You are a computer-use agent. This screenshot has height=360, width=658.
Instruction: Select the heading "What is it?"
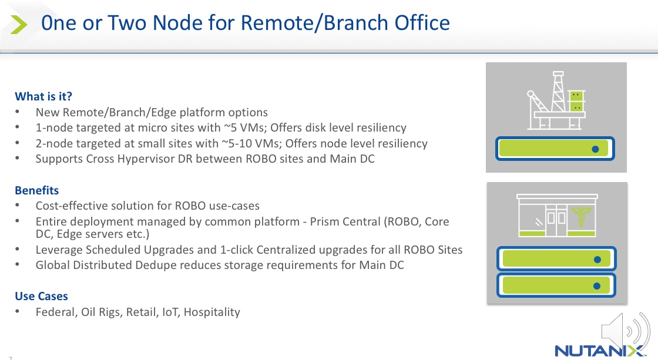click(43, 96)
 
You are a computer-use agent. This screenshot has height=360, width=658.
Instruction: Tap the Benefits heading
click(37, 190)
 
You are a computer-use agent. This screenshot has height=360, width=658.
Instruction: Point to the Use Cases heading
click(41, 296)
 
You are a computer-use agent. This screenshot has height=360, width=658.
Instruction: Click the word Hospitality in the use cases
click(212, 312)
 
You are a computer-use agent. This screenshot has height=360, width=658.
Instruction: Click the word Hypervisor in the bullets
click(155, 159)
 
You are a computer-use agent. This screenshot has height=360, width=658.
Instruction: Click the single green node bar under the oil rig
click(556, 149)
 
